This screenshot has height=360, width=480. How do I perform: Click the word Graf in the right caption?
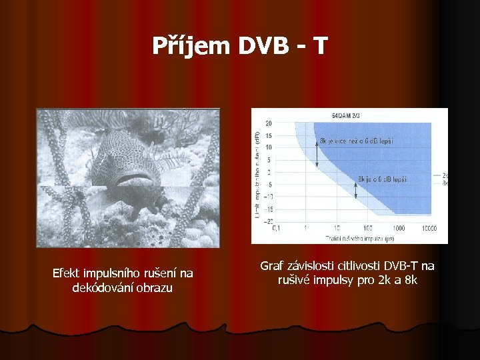(271, 266)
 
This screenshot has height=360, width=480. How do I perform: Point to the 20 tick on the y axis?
(268, 123)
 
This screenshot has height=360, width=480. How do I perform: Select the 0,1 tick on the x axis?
(276, 227)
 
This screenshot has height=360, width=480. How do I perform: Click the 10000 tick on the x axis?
(430, 227)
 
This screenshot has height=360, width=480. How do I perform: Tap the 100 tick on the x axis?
(368, 227)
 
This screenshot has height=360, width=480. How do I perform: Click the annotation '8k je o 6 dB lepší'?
(383, 179)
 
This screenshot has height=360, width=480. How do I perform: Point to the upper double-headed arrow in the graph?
(318, 155)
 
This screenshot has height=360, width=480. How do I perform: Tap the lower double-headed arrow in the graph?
(356, 191)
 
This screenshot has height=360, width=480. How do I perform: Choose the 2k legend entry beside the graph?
(444, 175)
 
